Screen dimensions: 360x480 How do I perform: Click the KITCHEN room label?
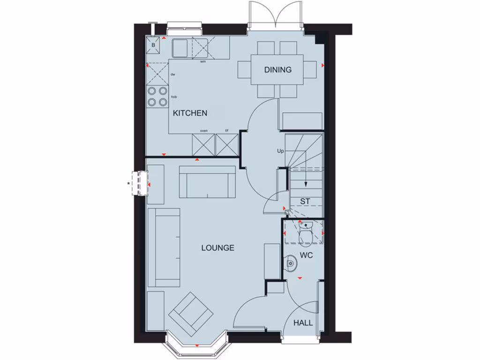point(190,113)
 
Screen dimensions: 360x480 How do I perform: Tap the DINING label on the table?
point(277,70)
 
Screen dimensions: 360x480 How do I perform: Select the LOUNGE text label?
point(217,248)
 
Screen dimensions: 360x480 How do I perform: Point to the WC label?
point(307,256)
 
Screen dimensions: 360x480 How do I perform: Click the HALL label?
point(303,322)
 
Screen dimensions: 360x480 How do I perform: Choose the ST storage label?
point(305,202)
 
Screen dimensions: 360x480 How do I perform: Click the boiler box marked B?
point(153,45)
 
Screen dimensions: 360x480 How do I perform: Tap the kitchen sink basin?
point(179,48)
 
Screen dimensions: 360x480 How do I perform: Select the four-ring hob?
point(157,96)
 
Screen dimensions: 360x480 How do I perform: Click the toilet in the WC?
point(306,233)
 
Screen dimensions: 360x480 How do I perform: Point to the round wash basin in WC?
point(291,264)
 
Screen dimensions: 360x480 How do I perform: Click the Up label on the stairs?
point(281,151)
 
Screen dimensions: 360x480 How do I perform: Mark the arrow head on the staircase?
point(305,184)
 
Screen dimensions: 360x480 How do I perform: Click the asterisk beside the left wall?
point(129,183)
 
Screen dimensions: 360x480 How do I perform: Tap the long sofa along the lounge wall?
point(164,247)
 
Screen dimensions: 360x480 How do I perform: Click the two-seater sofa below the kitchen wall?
point(208,181)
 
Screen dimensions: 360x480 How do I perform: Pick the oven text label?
point(204,131)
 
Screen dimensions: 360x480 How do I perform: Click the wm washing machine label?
point(203,61)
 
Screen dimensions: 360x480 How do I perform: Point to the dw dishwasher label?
point(173,74)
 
